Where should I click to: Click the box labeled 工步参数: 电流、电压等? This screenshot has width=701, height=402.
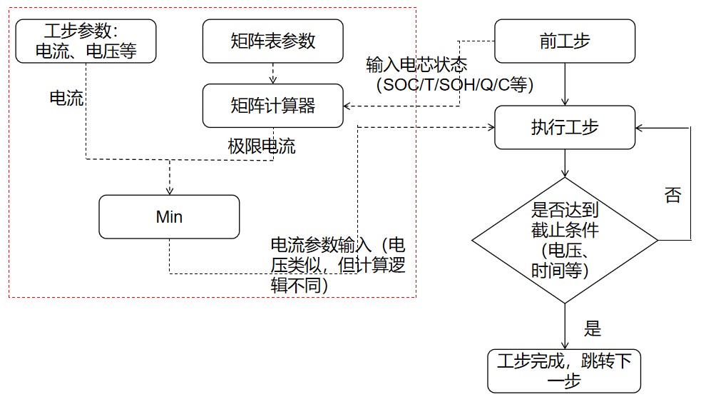pyautogui.click(x=86, y=41)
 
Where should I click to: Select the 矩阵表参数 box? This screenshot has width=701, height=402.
pyautogui.click(x=272, y=41)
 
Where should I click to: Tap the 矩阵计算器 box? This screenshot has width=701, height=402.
pyautogui.click(x=272, y=106)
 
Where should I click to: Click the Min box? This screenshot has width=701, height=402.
pyautogui.click(x=169, y=217)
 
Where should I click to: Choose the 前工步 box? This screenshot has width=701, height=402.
pyautogui.click(x=565, y=41)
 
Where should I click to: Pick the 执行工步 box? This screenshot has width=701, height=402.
pyautogui.click(x=565, y=127)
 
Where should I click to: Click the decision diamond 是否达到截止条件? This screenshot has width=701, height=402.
pyautogui.click(x=565, y=239)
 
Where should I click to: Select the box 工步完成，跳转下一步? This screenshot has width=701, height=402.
pyautogui.click(x=564, y=371)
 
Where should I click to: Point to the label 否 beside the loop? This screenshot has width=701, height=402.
pyautogui.click(x=672, y=196)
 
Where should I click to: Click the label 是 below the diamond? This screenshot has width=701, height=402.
pyautogui.click(x=593, y=328)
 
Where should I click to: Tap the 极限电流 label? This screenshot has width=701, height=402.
pyautogui.click(x=261, y=146)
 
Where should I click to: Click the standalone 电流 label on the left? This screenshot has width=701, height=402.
pyautogui.click(x=66, y=99)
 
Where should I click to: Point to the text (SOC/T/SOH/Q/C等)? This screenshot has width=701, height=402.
pyautogui.click(x=454, y=84)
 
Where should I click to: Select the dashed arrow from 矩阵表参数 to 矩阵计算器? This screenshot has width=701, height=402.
pyautogui.click(x=272, y=73)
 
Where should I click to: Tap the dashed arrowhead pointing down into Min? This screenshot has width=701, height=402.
pyautogui.click(x=170, y=189)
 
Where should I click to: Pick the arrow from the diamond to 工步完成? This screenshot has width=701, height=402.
pyautogui.click(x=565, y=325)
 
